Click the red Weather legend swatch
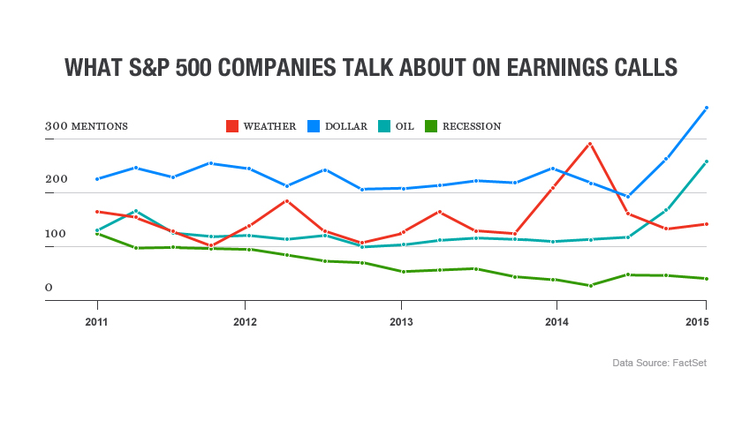(x=232, y=126)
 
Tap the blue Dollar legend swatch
(x=314, y=126)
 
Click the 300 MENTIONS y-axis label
(x=87, y=126)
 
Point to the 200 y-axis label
(x=57, y=180)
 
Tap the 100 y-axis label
(x=57, y=234)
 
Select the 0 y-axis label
(x=49, y=288)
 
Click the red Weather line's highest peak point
(x=589, y=144)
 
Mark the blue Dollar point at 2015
(x=706, y=108)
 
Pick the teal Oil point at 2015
(x=706, y=161)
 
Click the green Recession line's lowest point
(x=589, y=286)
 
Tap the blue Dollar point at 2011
(x=96, y=179)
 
